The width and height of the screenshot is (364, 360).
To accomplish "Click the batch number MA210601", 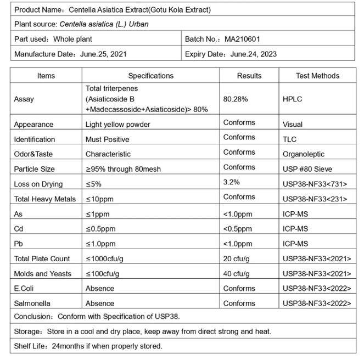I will click(x=242, y=39).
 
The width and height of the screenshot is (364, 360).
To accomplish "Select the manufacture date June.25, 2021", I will click(x=104, y=54).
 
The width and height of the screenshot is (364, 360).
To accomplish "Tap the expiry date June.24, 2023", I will click(x=254, y=54).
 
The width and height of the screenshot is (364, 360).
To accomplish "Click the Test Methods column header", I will click(x=317, y=76).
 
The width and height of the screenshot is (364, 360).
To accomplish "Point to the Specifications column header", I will click(x=150, y=76).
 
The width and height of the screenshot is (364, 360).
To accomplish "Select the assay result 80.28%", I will click(x=236, y=99).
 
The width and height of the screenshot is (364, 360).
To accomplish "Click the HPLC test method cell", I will click(x=292, y=99).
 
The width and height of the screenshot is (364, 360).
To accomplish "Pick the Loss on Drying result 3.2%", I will click(x=231, y=182).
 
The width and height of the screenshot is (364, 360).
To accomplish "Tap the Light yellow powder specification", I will click(x=117, y=125).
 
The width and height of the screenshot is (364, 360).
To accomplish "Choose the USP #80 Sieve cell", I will click(x=307, y=169).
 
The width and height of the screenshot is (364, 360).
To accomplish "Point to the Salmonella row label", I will click(x=32, y=303).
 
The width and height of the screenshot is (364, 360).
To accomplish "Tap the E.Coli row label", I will click(x=25, y=288).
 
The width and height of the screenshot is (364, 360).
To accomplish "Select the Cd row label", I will click(x=19, y=229).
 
